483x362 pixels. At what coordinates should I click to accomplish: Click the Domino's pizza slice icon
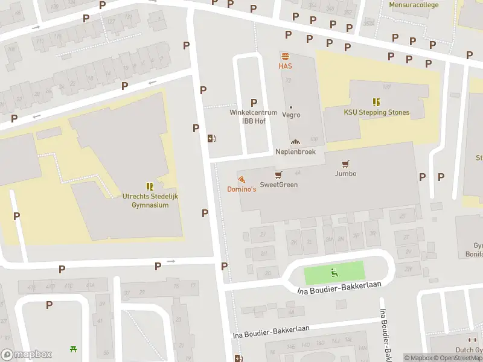tap(241, 179)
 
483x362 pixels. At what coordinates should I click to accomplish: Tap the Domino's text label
tap(241, 189)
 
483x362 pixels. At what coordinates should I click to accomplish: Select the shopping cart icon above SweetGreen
tap(278, 175)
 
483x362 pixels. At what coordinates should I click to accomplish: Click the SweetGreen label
tap(278, 185)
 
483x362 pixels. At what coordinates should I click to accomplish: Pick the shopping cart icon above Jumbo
tap(345, 164)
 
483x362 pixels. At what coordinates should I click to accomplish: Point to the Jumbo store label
tap(345, 174)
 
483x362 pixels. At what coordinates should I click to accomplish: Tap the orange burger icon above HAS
tap(285, 56)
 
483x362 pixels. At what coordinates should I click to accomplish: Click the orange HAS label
tap(285, 66)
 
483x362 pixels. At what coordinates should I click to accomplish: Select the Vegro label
tap(291, 115)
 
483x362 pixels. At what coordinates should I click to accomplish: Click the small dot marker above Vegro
tap(291, 107)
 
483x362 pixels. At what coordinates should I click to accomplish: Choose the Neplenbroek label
tap(295, 152)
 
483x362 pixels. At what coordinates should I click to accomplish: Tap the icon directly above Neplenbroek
tap(295, 142)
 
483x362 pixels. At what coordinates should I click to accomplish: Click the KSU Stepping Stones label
tap(376, 112)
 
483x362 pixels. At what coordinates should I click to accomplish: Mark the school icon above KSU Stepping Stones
tap(376, 102)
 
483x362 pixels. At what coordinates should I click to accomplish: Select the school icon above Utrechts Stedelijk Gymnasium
tap(149, 186)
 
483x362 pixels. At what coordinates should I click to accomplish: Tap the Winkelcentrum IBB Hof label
tap(253, 116)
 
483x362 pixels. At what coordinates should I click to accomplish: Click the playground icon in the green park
tap(334, 273)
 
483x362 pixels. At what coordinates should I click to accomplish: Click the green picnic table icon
tap(74, 349)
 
